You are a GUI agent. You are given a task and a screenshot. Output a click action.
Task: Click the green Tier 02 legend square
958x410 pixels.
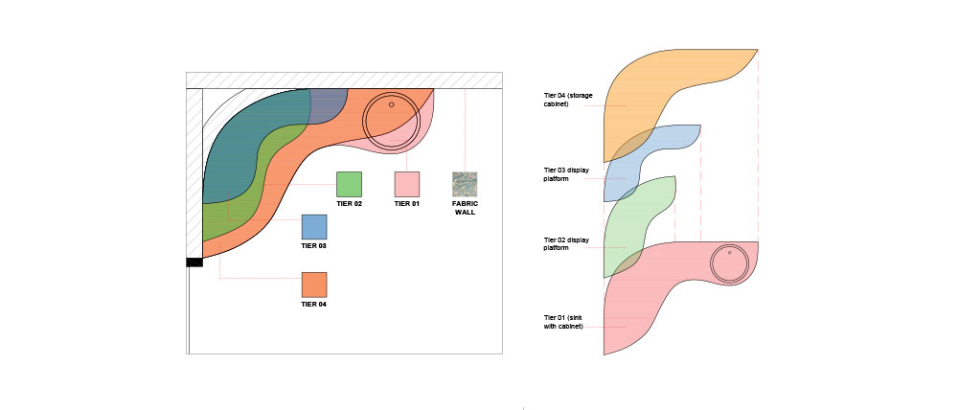[x=349, y=185]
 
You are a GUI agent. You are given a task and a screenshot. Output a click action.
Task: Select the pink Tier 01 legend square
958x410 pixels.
[x=407, y=185]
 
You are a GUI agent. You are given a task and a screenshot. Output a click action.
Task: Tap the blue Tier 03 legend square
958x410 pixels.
[x=314, y=227]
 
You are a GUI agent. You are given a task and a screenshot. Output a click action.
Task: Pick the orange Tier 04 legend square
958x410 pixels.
[x=314, y=285]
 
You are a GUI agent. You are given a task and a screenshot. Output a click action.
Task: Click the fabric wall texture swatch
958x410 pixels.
[x=465, y=185]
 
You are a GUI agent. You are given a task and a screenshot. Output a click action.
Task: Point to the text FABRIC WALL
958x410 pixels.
[x=465, y=208]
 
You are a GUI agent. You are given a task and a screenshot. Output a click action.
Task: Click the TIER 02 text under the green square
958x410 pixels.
[x=349, y=203]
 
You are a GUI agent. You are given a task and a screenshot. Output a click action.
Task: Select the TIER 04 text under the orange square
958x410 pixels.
[x=314, y=304]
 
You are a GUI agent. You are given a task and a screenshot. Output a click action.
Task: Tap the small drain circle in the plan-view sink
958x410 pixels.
[x=392, y=104]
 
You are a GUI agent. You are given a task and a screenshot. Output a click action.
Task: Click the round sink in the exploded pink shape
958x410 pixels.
[x=729, y=263]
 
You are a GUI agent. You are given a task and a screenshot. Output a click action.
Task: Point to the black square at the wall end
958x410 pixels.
[x=194, y=262]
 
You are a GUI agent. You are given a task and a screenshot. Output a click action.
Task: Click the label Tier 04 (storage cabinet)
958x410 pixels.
[x=568, y=99]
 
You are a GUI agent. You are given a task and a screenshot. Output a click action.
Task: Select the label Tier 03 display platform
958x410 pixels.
[x=566, y=174]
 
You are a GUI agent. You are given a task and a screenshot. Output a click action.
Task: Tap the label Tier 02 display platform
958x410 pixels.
[x=566, y=244]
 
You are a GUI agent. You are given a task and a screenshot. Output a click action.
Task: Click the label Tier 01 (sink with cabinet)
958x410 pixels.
[x=563, y=322]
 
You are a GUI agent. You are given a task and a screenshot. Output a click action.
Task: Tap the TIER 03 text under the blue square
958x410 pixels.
[x=314, y=245]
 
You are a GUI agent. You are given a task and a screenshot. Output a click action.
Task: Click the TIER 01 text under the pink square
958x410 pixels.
[x=407, y=203]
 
